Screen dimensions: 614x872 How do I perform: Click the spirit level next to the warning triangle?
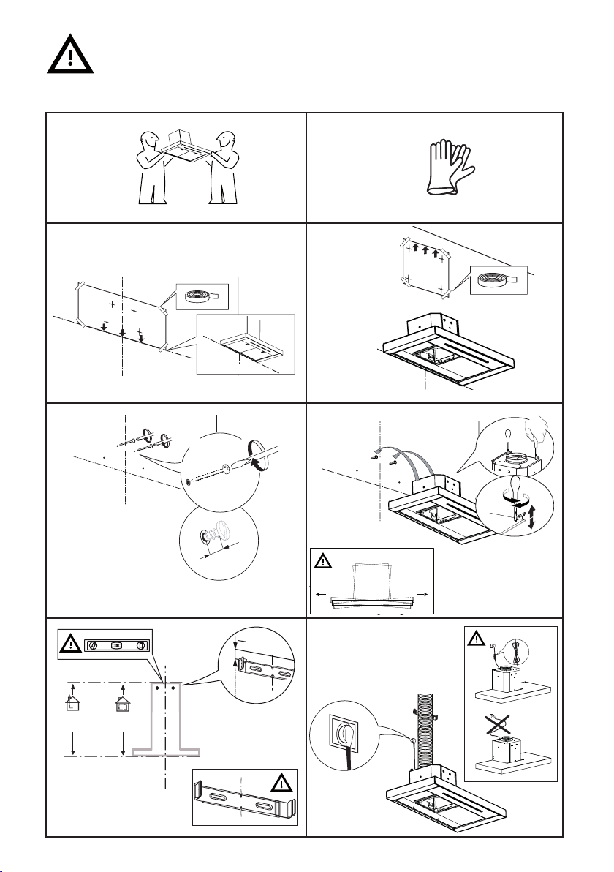tap(118, 646)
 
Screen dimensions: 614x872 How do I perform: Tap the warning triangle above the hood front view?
tap(323, 562)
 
